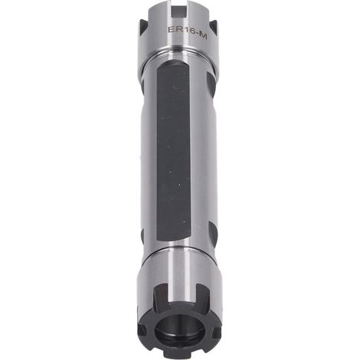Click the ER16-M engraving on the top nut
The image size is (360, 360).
187,33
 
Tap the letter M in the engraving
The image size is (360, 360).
203,37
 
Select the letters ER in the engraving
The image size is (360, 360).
174,29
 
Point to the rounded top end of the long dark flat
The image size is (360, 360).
173,63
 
